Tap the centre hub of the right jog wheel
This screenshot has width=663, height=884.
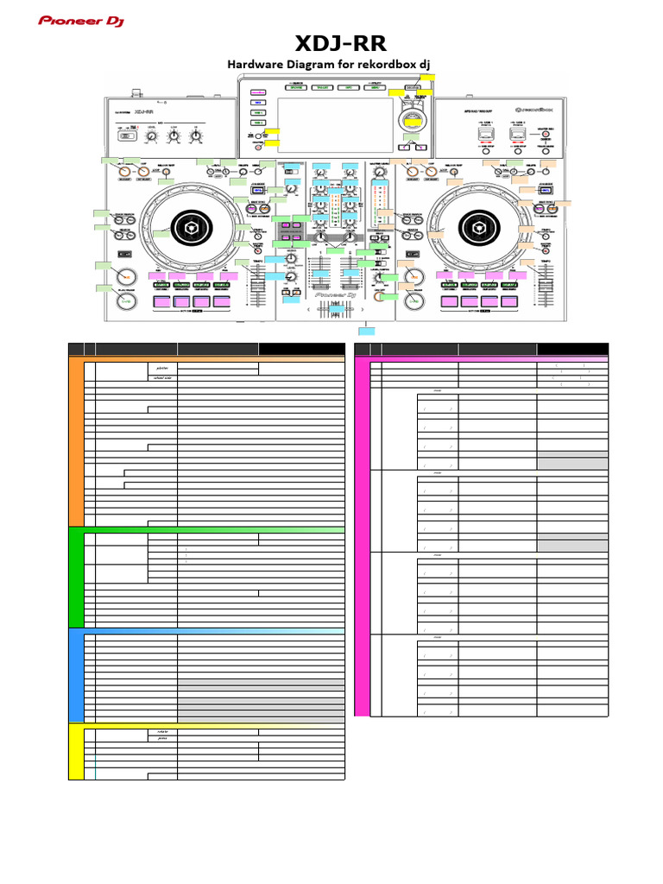(x=477, y=229)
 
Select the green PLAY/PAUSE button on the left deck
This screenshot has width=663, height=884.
(x=127, y=301)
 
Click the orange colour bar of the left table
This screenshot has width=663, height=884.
(x=76, y=440)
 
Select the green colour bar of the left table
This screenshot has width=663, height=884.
(x=76, y=577)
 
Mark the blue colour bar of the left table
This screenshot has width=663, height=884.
(x=76, y=674)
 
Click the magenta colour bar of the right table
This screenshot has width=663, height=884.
(x=363, y=535)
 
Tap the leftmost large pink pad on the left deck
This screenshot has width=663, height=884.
(x=161, y=302)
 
